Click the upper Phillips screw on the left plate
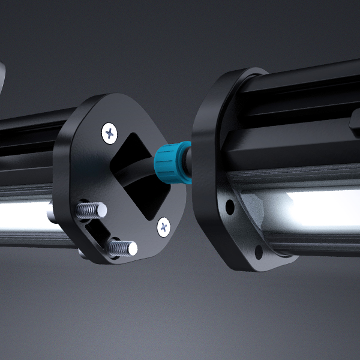[x=109, y=132]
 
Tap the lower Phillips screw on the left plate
[x=164, y=226]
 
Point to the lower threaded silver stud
[x=122, y=247]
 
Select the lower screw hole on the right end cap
[x=259, y=251]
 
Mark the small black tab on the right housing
[x=355, y=122]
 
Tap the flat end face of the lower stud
[x=131, y=248]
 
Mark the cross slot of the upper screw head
[x=109, y=132]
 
